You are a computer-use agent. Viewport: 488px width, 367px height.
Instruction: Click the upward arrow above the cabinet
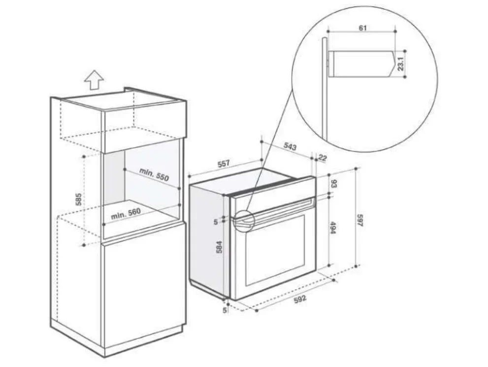[94, 80]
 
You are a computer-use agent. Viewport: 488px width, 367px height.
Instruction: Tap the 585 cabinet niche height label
[79, 199]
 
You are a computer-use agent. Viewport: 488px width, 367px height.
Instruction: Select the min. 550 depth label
[154, 175]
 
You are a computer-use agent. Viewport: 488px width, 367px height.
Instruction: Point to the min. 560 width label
[126, 214]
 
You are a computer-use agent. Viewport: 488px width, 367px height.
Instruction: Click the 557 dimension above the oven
[224, 164]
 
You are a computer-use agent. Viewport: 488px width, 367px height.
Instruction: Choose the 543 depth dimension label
[290, 146]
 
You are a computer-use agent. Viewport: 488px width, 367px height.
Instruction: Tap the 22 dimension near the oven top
[323, 158]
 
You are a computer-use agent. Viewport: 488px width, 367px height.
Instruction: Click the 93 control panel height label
[333, 184]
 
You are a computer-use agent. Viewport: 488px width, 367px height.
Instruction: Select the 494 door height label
[332, 228]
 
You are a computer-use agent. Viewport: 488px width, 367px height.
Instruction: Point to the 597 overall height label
[360, 220]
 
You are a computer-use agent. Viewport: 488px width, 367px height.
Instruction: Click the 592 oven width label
[300, 299]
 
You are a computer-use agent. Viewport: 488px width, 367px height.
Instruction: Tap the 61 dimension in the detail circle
[363, 28]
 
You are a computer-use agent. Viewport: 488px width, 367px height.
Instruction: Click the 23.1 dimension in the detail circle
[400, 63]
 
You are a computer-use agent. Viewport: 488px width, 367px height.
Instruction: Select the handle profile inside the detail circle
[361, 64]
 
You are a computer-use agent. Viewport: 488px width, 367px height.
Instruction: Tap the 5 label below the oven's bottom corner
[225, 310]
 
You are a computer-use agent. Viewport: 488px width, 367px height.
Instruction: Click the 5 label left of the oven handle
[216, 222]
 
